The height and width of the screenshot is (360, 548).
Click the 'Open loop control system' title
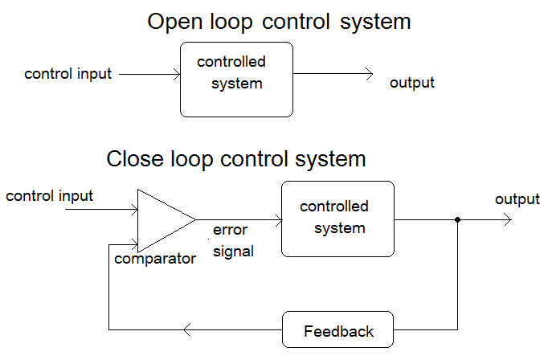pos(279,22)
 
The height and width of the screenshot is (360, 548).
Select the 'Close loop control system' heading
pos(236,158)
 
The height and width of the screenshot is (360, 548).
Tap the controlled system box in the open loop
pos(236,79)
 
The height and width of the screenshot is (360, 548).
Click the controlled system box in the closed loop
pos(338,219)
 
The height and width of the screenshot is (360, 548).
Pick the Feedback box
pos(338,331)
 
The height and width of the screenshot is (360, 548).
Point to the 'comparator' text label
pos(155,259)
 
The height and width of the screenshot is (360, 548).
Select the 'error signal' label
pos(233,241)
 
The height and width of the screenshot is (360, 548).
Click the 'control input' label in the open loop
pos(68,75)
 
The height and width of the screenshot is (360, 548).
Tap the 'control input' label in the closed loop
pos(50,195)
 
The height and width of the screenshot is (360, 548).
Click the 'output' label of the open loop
pos(411,83)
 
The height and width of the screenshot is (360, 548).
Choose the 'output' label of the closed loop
pos(517,199)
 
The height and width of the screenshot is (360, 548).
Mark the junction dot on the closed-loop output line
pos(457,219)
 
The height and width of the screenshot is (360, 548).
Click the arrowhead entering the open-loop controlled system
pos(175,75)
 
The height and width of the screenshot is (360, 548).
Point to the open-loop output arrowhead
pos(369,75)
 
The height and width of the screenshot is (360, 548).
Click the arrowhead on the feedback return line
pos(187,329)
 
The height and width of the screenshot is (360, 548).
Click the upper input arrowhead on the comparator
pos(133,210)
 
